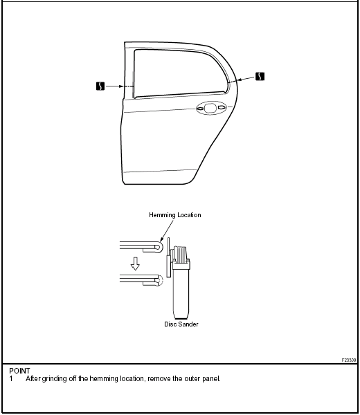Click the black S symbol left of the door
click(x=100, y=86)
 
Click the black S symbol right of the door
click(x=260, y=76)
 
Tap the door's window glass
click(x=180, y=73)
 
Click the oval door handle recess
click(x=211, y=108)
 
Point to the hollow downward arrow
click(x=135, y=264)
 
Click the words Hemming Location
click(x=175, y=215)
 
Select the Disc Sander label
click(x=181, y=324)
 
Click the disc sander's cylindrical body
click(x=181, y=290)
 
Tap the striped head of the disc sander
click(x=181, y=255)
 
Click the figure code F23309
click(x=349, y=360)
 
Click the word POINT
click(x=19, y=371)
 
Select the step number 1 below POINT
click(x=11, y=379)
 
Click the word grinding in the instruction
click(x=54, y=379)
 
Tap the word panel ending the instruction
click(x=211, y=379)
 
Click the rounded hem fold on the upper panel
click(x=160, y=247)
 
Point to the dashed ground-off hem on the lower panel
click(x=161, y=281)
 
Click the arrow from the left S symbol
click(x=115, y=86)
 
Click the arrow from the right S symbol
click(x=246, y=79)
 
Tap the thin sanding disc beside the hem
click(x=168, y=257)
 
